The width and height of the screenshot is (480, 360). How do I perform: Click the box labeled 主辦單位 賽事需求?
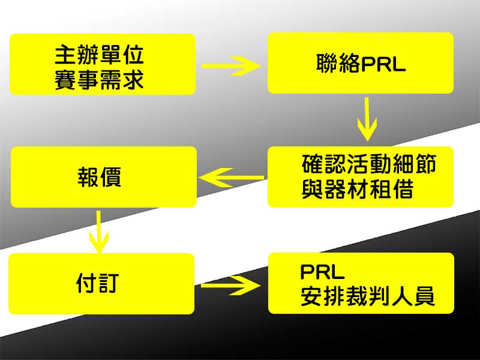[x=103, y=64]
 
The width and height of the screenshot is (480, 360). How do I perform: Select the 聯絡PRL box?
[x=360, y=63]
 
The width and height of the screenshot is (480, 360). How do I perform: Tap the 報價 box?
[x=103, y=177]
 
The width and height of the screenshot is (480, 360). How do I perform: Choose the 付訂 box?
[x=101, y=284]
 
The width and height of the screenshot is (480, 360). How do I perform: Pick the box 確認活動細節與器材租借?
[x=360, y=177]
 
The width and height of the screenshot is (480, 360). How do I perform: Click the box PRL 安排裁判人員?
[x=361, y=283]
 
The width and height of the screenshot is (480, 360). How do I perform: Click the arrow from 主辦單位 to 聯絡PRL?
[x=231, y=64]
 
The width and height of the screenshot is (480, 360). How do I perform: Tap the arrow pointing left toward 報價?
[x=231, y=177]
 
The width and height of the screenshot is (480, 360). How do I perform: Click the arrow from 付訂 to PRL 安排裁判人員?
[x=231, y=284]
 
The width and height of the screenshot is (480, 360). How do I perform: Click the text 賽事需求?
[x=100, y=79]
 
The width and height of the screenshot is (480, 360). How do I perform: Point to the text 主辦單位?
[x=100, y=56]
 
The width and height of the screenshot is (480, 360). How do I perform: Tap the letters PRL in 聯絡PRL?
[x=383, y=64]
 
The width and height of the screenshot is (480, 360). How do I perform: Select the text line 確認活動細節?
[x=368, y=164]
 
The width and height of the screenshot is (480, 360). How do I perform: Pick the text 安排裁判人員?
[x=367, y=297]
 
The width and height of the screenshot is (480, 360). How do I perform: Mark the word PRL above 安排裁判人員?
[x=322, y=272]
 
